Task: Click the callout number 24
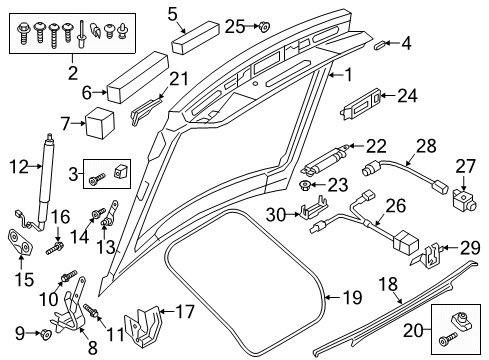407,96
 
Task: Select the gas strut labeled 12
46,182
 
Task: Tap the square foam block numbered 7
100,123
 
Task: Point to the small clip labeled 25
264,26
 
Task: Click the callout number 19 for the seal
352,297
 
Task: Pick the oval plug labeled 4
380,45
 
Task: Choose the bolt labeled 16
55,248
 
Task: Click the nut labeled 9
45,333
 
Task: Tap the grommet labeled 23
305,185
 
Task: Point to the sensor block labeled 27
464,199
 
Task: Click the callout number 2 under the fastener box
73,73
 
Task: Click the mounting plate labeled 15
20,243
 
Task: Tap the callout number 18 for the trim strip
388,284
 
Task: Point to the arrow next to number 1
336,75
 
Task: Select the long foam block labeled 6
137,77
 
